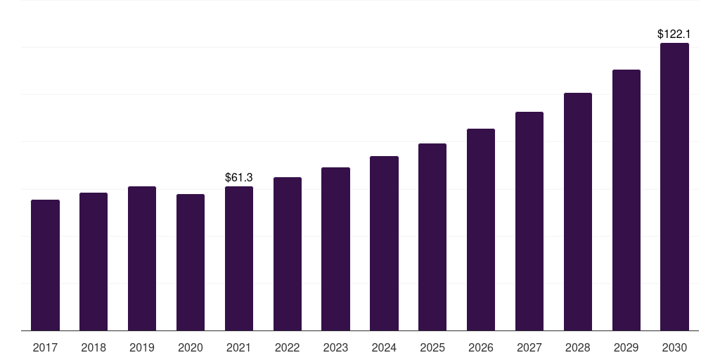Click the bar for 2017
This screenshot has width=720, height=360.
coord(45,265)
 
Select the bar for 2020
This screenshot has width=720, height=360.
coord(191,262)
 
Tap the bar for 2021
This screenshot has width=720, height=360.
coord(239,258)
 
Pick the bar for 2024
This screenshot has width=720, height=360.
coord(384,243)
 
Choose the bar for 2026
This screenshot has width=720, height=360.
coord(481,229)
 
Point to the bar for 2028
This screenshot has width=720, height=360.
coord(578,212)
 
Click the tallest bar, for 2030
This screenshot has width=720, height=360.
coord(675,186)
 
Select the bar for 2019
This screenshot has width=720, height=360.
coord(142,258)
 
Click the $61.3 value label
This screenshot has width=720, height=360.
coord(239,177)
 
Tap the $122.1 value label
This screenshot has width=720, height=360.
coord(674,34)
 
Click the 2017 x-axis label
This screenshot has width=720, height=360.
coord(45,347)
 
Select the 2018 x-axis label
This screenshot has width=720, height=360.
coord(94,347)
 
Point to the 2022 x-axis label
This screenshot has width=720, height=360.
coord(288,347)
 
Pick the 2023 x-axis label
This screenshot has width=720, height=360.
coord(335,347)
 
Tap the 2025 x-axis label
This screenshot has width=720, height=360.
coord(432,347)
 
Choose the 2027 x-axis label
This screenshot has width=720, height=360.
coord(529,347)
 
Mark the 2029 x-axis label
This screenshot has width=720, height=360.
coord(626,347)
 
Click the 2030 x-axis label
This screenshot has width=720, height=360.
coord(675,347)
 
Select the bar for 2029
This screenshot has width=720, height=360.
coord(626,200)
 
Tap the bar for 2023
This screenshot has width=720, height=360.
coord(335,249)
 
